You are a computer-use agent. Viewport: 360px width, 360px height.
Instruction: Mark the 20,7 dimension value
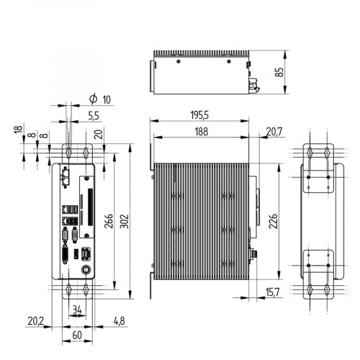[x=274, y=131]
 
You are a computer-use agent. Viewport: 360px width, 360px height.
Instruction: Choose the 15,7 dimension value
[x=274, y=291]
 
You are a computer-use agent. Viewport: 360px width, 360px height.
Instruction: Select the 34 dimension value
[x=78, y=310]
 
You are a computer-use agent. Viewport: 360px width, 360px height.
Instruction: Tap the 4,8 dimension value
[x=119, y=320]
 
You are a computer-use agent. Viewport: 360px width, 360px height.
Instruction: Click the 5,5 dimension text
[x=93, y=116]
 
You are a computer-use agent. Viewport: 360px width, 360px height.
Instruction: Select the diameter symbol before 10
[x=93, y=98]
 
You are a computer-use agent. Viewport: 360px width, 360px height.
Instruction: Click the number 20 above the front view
[x=98, y=132]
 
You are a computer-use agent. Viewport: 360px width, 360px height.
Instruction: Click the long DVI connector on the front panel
[x=64, y=256]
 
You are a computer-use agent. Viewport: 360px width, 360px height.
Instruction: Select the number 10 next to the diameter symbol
[x=108, y=99]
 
